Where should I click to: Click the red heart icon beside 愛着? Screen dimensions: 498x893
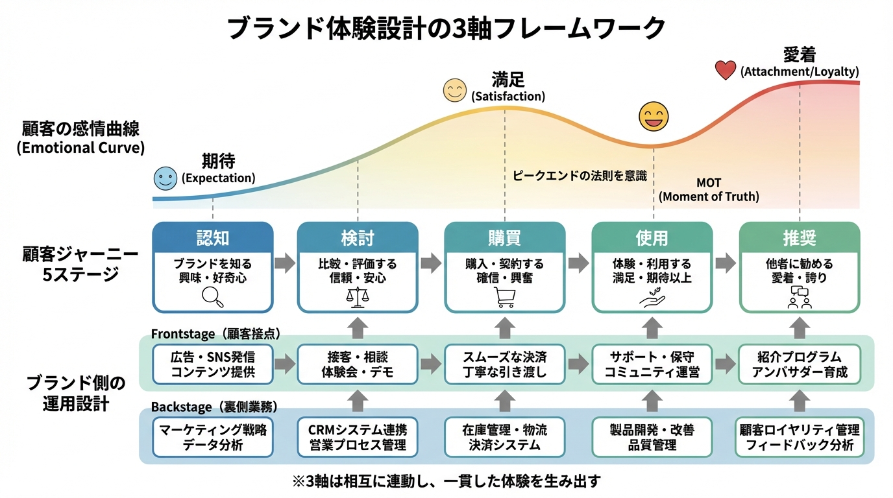pyautogui.click(x=725, y=70)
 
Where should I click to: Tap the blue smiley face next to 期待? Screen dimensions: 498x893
pyautogui.click(x=165, y=178)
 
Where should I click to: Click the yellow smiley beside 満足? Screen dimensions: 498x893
pyautogui.click(x=455, y=91)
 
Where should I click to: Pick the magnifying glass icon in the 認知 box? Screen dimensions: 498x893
pyautogui.click(x=212, y=296)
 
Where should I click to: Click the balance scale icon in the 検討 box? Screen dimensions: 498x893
pyautogui.click(x=357, y=296)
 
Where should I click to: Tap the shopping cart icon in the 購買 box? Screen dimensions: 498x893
pyautogui.click(x=504, y=297)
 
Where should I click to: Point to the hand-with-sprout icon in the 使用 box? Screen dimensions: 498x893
pyautogui.click(x=652, y=296)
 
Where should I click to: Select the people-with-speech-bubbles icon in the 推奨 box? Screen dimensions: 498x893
pyautogui.click(x=799, y=297)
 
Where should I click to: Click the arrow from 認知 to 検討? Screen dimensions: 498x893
pyautogui.click(x=285, y=263)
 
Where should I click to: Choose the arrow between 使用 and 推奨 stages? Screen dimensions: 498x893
pyautogui.click(x=726, y=263)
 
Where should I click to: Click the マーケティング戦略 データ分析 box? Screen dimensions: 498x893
pyautogui.click(x=212, y=437)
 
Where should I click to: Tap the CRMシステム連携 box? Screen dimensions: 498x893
pyautogui.click(x=357, y=437)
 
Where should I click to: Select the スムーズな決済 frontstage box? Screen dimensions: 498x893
pyautogui.click(x=504, y=364)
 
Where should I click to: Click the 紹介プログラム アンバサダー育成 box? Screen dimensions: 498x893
pyautogui.click(x=799, y=364)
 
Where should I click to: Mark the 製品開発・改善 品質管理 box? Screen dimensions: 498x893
pyautogui.click(x=652, y=437)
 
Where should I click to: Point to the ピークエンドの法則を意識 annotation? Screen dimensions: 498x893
pyautogui.click(x=580, y=175)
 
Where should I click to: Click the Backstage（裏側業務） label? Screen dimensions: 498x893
pyautogui.click(x=214, y=407)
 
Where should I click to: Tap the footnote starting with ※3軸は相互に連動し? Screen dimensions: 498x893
pyautogui.click(x=446, y=481)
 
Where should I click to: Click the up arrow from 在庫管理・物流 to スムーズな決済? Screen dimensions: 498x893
pyautogui.click(x=504, y=401)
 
